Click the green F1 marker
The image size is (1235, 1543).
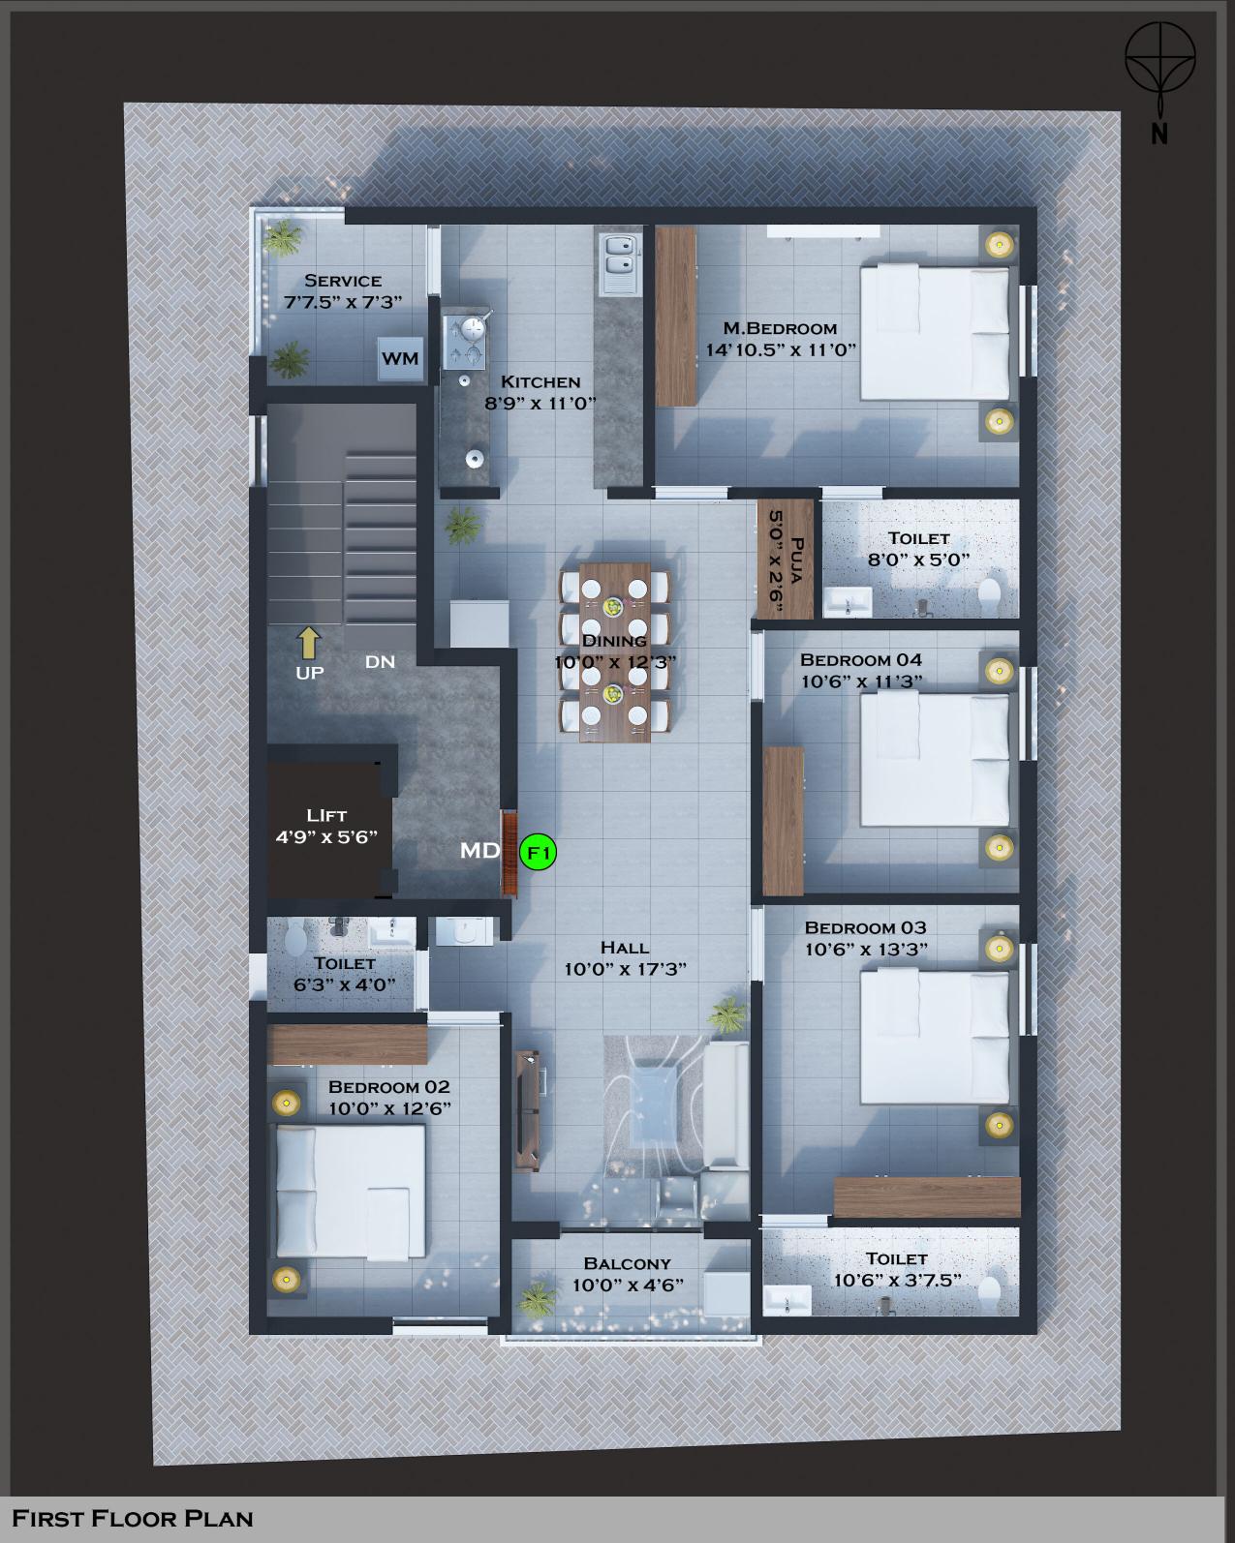(x=538, y=853)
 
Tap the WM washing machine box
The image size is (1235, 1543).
(x=400, y=358)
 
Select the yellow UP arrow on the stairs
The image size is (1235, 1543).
(x=309, y=643)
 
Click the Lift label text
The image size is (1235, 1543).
(x=326, y=815)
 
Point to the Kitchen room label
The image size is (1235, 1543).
(x=540, y=381)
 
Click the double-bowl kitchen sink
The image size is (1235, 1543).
(x=619, y=264)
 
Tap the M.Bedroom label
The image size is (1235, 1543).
(x=780, y=328)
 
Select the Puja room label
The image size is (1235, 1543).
(x=796, y=560)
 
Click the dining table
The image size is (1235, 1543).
(x=615, y=652)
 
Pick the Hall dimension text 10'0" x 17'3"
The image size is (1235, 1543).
(x=625, y=969)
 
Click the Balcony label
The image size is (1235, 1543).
(x=628, y=1263)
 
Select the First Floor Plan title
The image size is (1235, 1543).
(x=133, y=1519)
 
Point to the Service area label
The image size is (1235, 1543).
(x=343, y=281)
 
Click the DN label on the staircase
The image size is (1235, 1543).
(x=380, y=662)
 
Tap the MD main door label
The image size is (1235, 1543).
(x=479, y=850)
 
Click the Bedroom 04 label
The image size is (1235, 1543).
(x=861, y=659)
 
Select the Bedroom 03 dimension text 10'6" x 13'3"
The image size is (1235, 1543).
(x=866, y=950)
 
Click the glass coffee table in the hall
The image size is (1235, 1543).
(x=653, y=1105)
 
